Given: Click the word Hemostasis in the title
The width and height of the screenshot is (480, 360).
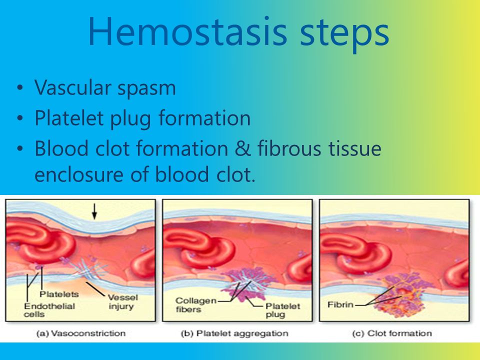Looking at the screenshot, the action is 187,32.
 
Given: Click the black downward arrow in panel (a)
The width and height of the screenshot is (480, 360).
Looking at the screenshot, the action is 94,211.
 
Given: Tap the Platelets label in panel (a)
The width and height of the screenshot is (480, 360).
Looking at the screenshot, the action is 59,294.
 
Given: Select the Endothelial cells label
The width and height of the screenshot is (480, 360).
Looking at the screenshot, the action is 49,310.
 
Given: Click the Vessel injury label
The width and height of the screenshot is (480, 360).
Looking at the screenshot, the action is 122,302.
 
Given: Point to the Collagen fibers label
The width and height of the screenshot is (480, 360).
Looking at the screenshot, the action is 196,305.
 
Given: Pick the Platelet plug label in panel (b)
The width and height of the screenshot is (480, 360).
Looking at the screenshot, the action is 282,310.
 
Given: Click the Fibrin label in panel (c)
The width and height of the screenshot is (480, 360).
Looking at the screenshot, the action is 340,304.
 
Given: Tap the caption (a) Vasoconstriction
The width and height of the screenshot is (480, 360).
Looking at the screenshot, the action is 81,333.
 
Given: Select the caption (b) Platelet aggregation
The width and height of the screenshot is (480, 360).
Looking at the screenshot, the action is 234,333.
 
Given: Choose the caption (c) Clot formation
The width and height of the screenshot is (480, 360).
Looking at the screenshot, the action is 392,333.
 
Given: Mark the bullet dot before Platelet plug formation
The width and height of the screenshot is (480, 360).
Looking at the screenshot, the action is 20,118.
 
